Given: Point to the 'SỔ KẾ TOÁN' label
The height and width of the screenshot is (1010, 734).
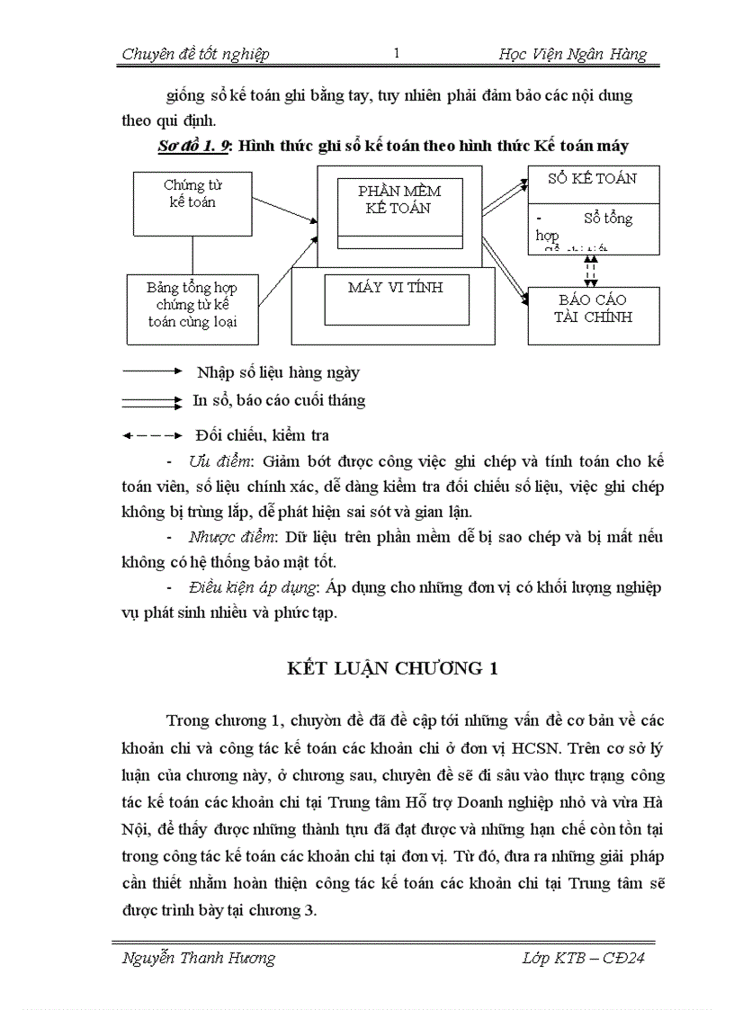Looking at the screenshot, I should [593, 178].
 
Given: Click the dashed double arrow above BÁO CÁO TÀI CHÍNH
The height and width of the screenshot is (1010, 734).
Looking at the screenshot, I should [590, 271].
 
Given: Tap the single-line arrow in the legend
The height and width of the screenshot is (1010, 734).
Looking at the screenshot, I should [152, 370].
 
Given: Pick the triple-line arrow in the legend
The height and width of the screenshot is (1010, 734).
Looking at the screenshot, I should [152, 401].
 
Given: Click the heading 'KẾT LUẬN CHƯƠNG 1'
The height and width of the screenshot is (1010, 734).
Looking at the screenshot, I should [392, 668].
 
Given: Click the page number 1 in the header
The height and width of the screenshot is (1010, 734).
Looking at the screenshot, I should [396, 54].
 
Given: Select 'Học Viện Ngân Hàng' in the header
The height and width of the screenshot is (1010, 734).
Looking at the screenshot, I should [572, 55].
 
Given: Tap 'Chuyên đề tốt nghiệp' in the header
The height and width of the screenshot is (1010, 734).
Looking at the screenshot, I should [195, 55].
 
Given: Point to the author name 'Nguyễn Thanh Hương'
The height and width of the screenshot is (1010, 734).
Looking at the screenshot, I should [198, 958].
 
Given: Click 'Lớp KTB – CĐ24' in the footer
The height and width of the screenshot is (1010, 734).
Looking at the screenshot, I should [583, 958].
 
